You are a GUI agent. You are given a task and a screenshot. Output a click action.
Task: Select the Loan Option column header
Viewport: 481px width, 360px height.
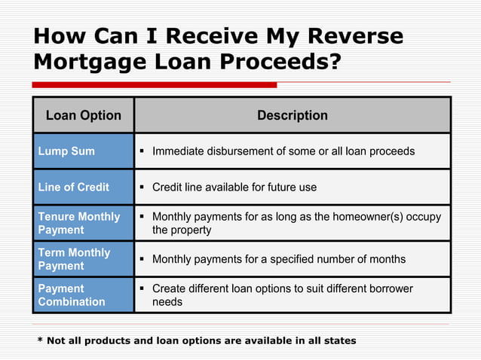(x=84, y=115)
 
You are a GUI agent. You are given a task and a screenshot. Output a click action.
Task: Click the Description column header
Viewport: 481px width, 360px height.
(x=293, y=115)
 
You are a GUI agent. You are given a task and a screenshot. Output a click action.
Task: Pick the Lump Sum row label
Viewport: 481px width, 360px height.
(x=66, y=151)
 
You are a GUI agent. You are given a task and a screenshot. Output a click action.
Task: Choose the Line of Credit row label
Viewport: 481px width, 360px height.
(x=73, y=187)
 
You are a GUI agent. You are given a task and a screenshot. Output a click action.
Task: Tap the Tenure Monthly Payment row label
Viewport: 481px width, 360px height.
(x=78, y=223)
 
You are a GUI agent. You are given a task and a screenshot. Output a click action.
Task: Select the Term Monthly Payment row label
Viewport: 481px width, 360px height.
(x=74, y=259)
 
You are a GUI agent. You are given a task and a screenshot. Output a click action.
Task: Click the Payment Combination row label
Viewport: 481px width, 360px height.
(x=72, y=295)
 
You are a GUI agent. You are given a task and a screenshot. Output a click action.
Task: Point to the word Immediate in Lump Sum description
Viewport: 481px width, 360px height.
(x=181, y=151)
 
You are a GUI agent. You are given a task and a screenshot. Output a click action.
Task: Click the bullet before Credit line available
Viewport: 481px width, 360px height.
(x=142, y=187)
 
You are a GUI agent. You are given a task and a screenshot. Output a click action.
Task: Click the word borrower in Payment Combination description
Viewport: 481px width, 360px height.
(x=385, y=288)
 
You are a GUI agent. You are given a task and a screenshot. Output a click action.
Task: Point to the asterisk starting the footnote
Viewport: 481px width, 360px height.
(x=40, y=340)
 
